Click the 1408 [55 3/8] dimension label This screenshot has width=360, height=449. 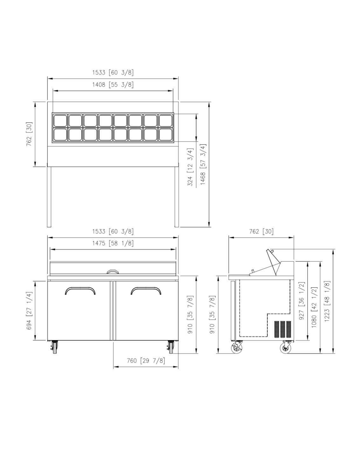click(x=113, y=85)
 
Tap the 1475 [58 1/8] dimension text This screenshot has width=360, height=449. click(x=113, y=243)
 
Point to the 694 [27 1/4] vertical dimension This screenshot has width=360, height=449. click(x=29, y=311)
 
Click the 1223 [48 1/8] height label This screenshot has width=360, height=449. click(x=327, y=301)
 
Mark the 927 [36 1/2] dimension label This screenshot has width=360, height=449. click(x=302, y=301)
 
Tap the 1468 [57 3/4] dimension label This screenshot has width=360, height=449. click(x=203, y=164)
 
